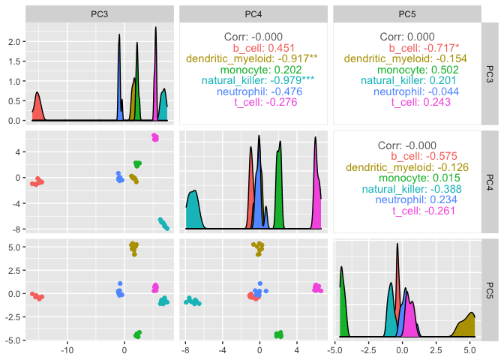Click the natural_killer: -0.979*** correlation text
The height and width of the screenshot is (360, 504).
coord(251,80)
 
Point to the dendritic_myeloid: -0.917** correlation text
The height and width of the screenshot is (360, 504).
coord(251,58)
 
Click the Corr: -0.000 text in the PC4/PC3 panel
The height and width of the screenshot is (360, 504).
coord(251,36)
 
